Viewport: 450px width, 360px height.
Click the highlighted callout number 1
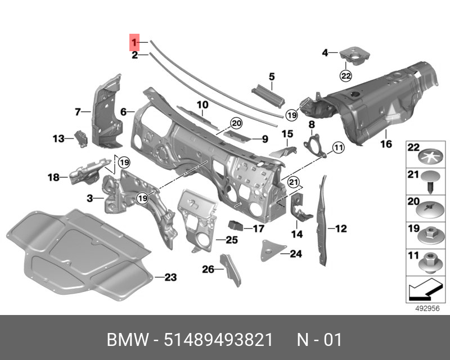pyautogui.click(x=134, y=42)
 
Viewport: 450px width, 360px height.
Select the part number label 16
pyautogui.click(x=385, y=144)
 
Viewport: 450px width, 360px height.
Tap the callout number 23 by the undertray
pyautogui.click(x=170, y=277)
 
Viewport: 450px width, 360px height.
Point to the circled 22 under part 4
pyautogui.click(x=345, y=75)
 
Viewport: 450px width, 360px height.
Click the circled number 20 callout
pyautogui.click(x=235, y=123)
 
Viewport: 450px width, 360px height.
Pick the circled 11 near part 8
pyautogui.click(x=337, y=148)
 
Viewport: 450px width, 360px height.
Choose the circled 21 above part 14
pyautogui.click(x=292, y=181)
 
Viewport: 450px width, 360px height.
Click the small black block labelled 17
pyautogui.click(x=235, y=226)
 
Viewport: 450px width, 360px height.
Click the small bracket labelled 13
pyautogui.click(x=80, y=138)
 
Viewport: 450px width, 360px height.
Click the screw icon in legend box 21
pyautogui.click(x=430, y=182)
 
